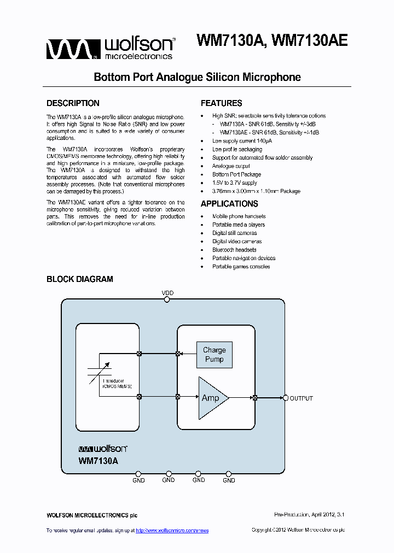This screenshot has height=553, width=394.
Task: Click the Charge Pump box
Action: tap(214, 354)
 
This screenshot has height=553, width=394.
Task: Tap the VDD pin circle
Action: tap(167, 299)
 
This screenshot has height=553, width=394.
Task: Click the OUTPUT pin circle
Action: tap(285, 398)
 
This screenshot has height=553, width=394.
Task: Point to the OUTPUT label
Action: tap(301, 398)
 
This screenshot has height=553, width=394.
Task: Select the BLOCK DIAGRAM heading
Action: tap(80, 279)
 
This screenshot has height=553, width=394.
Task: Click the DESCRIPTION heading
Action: tap(73, 103)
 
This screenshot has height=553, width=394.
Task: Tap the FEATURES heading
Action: tap(221, 103)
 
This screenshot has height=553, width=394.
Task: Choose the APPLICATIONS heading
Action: tap(229, 204)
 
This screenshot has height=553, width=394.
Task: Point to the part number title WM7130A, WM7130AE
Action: tap(271, 42)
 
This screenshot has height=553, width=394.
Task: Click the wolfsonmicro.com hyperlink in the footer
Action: tap(172, 531)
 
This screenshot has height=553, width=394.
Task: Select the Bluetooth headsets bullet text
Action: tap(234, 250)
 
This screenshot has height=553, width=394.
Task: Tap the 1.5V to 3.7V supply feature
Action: tap(234, 183)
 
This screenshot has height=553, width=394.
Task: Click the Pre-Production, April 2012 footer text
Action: tap(309, 515)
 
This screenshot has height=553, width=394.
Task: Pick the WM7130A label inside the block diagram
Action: tap(99, 461)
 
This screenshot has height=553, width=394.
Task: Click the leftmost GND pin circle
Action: tap(138, 474)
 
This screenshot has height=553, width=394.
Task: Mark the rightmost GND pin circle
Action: tap(229, 474)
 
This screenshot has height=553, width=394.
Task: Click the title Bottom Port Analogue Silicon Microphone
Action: tap(197, 77)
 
